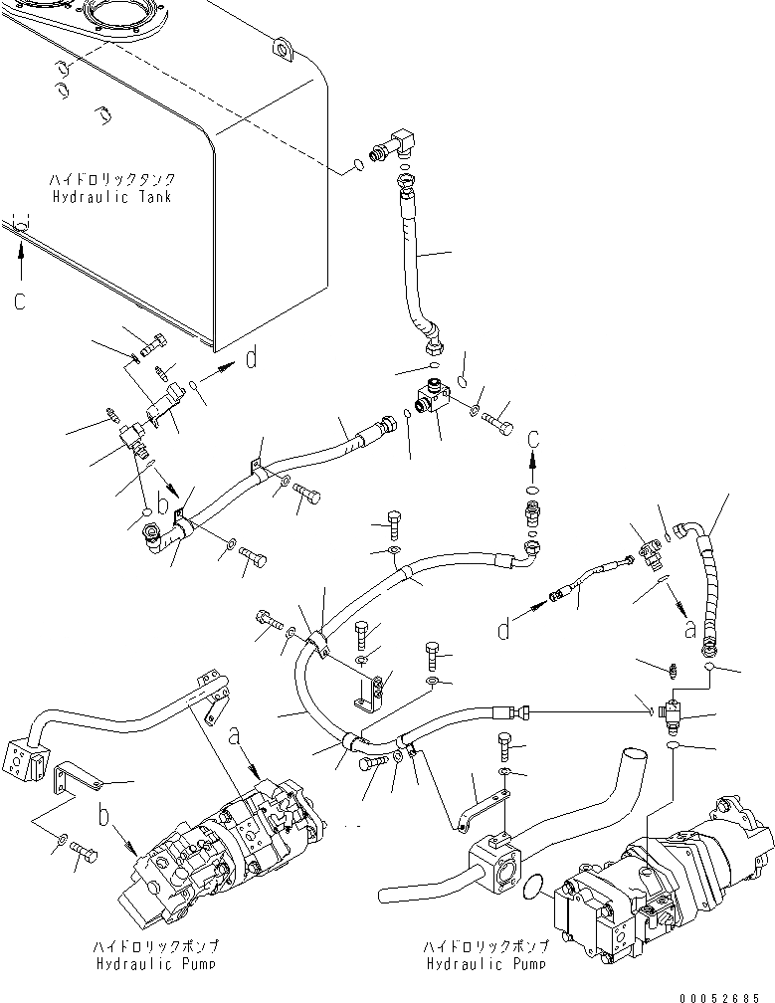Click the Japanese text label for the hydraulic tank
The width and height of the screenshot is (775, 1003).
[113, 179]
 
